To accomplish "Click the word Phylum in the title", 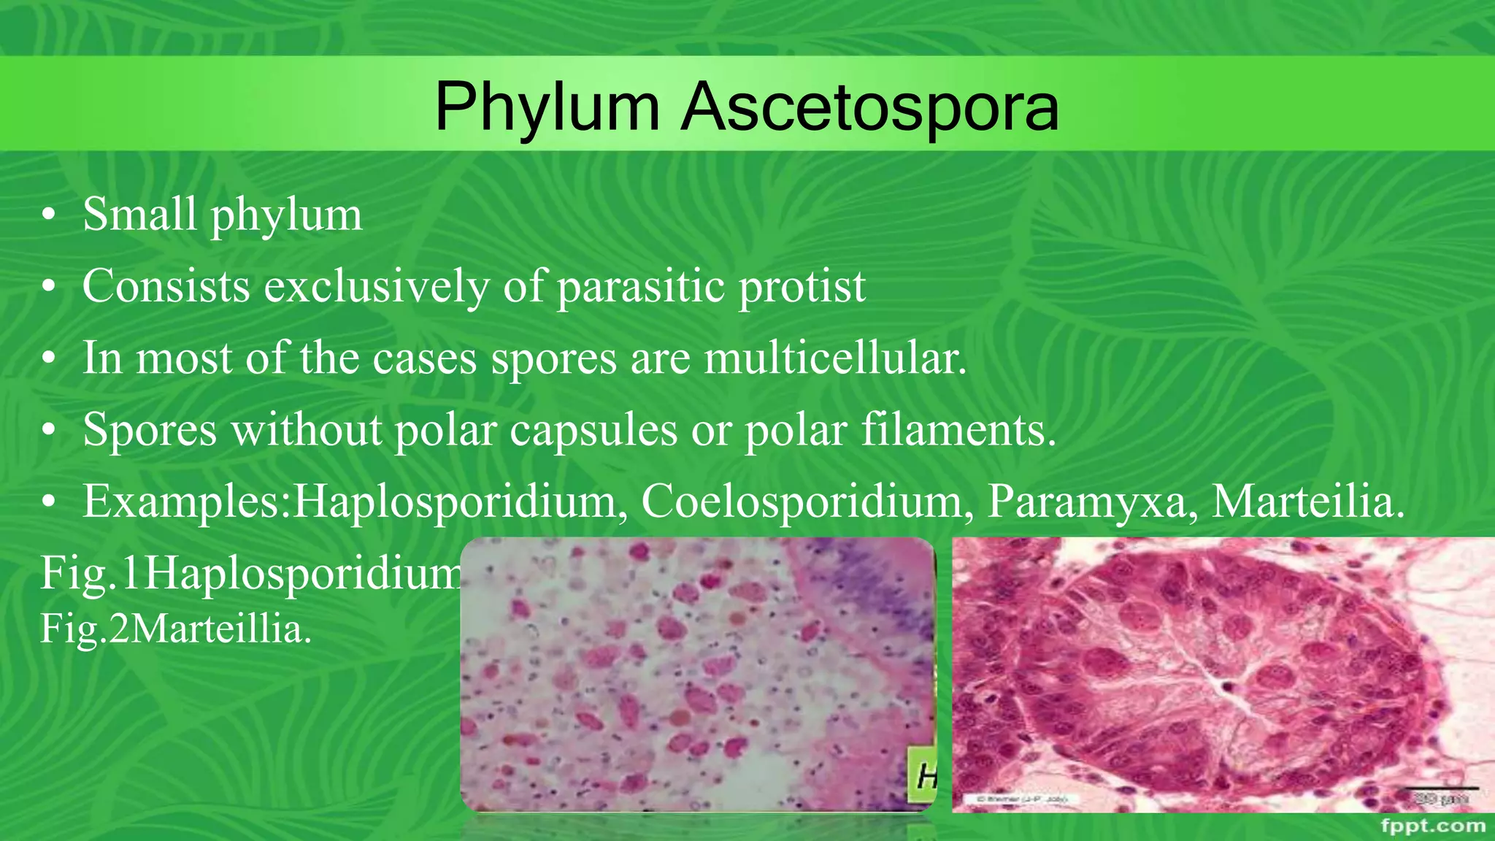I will (x=547, y=108).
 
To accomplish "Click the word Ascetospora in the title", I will (x=869, y=108).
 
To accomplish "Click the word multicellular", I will (x=835, y=358).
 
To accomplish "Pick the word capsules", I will (x=593, y=429).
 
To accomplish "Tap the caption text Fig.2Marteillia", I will (x=176, y=629).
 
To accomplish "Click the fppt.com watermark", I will (x=1433, y=826).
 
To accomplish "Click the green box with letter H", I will (x=921, y=776).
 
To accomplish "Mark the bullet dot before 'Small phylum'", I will (x=48, y=216).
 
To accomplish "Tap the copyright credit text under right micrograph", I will (x=1022, y=799).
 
